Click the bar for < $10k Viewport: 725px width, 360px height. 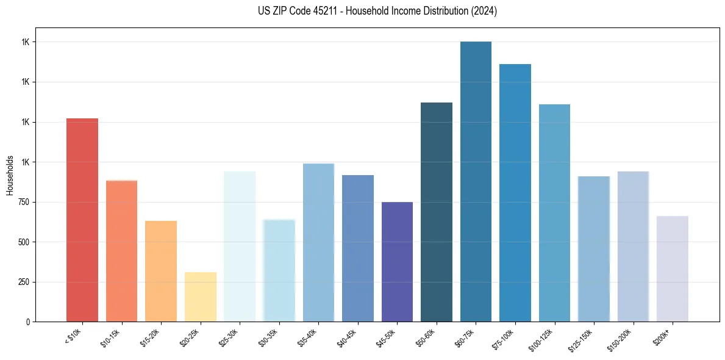(82, 220)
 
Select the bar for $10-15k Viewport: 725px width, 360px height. (121, 251)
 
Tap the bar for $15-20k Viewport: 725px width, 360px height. (161, 271)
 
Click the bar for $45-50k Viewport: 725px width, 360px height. (397, 262)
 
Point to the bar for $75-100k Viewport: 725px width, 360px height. (515, 193)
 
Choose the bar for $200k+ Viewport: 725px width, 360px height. (673, 268)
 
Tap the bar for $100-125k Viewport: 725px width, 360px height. (554, 213)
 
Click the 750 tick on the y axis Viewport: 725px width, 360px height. (22, 202)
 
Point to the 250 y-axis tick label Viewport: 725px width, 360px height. (22, 282)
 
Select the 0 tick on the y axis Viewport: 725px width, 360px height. (27, 322)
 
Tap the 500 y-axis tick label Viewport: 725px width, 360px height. (22, 242)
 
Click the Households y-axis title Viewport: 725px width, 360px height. (10, 175)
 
